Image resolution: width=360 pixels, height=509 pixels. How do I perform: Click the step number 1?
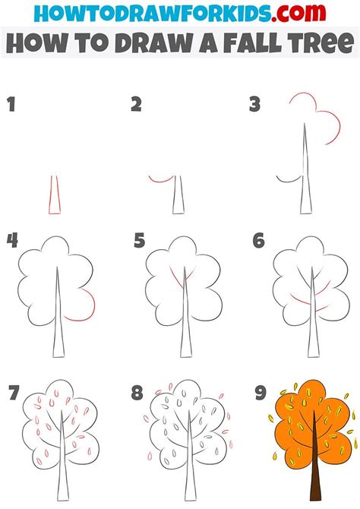(x=11, y=104)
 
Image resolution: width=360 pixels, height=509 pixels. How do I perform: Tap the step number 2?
(x=137, y=104)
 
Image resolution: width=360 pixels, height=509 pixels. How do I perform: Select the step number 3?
(x=255, y=104)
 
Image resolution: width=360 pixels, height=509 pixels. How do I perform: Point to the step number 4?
(x=12, y=242)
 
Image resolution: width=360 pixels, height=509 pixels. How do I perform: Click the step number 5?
(x=139, y=242)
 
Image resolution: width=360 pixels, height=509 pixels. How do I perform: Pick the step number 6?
(x=258, y=242)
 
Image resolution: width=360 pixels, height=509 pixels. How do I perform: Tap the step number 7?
(x=12, y=393)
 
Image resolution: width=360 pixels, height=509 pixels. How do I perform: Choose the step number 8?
(x=137, y=393)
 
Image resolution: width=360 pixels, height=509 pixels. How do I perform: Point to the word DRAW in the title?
(x=147, y=43)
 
